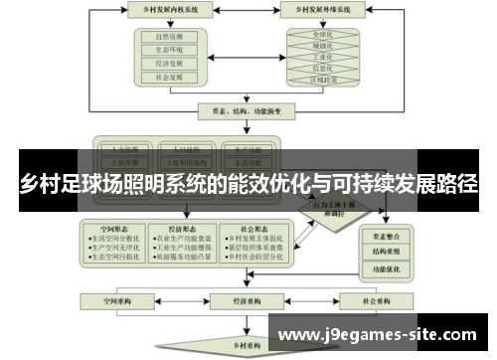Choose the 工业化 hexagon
(321, 57)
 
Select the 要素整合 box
(388, 237)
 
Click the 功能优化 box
(388, 269)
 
